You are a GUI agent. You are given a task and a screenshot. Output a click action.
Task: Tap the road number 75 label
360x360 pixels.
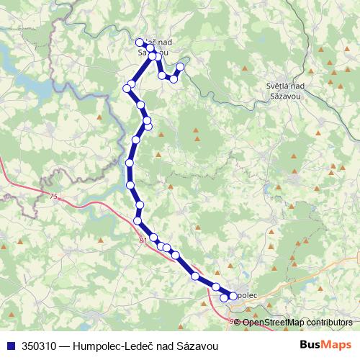(x=53, y=196)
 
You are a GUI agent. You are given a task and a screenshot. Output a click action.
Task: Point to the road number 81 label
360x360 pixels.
(x=143, y=240)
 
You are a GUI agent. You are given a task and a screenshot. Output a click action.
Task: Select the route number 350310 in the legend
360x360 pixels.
(x=41, y=346)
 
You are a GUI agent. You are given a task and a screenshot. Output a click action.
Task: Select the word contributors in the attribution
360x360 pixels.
(x=329, y=323)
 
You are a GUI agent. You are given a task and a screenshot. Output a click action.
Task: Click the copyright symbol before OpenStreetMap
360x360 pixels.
(x=238, y=323)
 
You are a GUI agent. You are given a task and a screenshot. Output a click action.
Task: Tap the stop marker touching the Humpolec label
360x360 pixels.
(x=233, y=296)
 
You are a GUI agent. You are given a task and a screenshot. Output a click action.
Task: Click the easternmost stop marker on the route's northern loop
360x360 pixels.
(x=180, y=67)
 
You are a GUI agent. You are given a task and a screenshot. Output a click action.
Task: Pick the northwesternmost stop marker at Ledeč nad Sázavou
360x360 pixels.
(x=140, y=42)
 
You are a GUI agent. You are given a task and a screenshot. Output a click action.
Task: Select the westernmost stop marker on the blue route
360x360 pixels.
(x=127, y=88)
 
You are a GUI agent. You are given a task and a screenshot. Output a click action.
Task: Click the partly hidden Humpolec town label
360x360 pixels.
(x=246, y=295)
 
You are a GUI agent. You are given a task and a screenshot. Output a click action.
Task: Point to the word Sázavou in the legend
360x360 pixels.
(x=197, y=346)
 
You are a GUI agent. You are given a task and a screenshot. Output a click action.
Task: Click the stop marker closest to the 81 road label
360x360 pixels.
(x=153, y=238)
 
